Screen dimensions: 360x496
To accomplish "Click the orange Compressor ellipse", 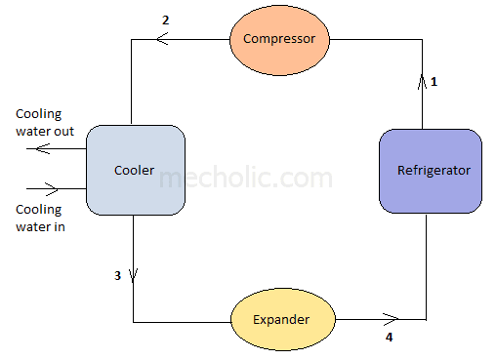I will tap(279, 39).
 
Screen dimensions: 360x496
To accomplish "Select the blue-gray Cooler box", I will tap(136, 170).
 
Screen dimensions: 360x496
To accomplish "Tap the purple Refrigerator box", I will tap(430, 171).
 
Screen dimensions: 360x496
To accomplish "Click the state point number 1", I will tap(434, 82).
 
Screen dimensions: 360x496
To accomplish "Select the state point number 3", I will tap(117, 276).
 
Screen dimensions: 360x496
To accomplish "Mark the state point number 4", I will tap(389, 339).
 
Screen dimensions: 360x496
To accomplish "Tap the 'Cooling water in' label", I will tap(39, 219).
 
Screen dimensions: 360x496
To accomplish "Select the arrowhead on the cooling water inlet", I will tap(55, 189).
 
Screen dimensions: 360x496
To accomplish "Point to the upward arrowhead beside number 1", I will tap(424, 82).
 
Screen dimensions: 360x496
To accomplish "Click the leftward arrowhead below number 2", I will tap(161, 39).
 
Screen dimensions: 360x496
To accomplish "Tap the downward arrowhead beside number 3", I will tap(132, 276).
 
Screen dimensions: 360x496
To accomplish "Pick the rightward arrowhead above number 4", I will tap(393, 318).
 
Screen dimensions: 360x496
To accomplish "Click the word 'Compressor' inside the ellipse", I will tap(279, 39).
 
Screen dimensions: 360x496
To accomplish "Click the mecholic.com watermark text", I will tap(244, 179).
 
